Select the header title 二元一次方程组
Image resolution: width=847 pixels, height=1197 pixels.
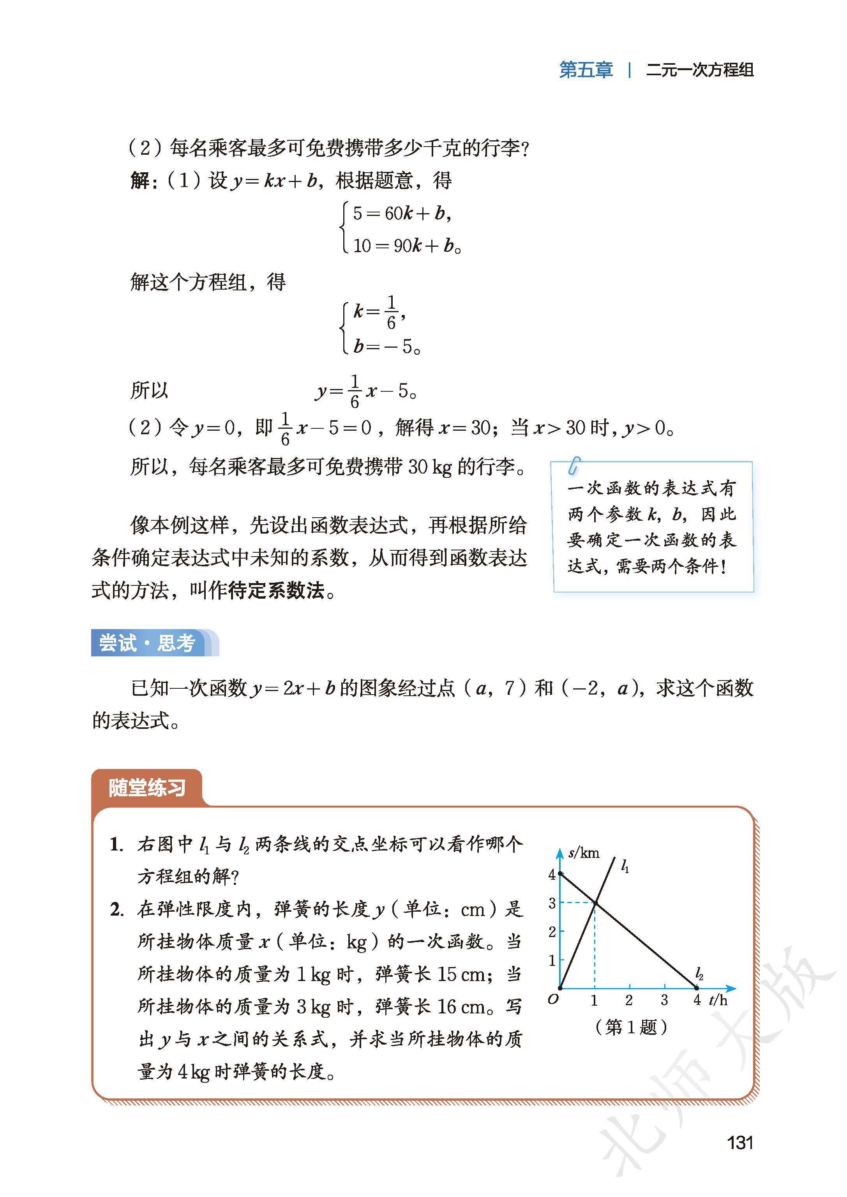point(699,70)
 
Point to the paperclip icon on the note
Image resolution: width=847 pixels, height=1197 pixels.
point(574,465)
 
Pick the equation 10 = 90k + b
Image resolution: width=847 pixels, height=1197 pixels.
point(407,245)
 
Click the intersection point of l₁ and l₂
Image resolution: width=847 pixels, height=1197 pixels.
point(595,903)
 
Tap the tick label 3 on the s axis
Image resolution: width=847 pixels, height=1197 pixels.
point(552,903)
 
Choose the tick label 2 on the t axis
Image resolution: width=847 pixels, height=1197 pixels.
point(629,1000)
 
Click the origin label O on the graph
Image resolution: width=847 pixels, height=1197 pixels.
point(553,999)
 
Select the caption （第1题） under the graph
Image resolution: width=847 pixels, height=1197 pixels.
point(631,1027)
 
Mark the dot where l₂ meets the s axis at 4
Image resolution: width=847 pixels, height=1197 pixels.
point(560,873)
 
